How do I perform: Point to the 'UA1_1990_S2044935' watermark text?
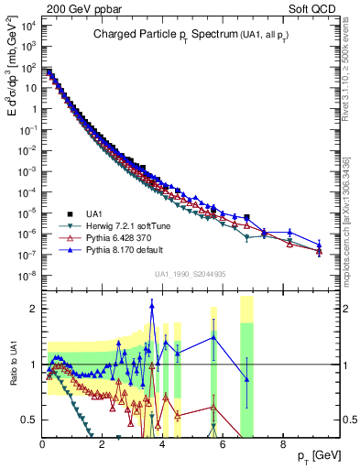(191, 274)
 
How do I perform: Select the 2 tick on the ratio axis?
(33, 309)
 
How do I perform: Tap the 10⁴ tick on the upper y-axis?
(27, 26)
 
